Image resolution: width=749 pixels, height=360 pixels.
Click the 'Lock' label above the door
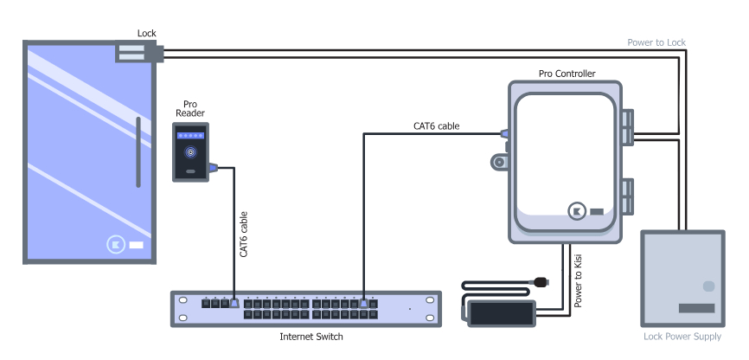147,34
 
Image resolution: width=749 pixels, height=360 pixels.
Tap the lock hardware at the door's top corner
136,54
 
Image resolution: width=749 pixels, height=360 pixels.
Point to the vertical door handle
137,155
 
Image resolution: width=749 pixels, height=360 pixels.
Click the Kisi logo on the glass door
118,245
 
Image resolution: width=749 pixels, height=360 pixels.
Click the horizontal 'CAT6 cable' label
436,125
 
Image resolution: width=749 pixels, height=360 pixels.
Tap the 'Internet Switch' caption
311,337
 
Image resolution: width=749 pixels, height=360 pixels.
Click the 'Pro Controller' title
567,74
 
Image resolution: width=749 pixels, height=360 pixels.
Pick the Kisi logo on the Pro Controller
577,211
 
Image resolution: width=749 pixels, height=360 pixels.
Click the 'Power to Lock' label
657,42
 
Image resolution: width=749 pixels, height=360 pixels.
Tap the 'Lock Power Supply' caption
682,337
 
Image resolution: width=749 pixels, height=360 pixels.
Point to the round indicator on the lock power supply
709,286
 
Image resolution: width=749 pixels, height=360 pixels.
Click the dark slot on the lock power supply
696,308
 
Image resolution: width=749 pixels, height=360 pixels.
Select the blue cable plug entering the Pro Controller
504,134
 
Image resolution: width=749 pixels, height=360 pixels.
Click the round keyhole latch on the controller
498,162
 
